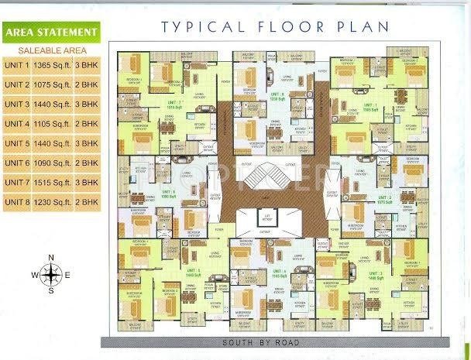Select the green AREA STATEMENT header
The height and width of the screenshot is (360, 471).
(51, 33)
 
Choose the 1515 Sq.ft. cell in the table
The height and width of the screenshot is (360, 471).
(52, 182)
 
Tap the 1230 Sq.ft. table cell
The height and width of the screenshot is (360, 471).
(52, 202)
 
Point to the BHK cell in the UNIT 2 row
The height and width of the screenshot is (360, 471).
(87, 84)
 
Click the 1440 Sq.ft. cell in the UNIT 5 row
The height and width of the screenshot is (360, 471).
(52, 143)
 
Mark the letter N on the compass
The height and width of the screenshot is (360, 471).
(51, 258)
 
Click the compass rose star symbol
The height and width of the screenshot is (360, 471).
(51, 274)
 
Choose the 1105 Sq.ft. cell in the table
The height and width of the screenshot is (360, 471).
(52, 124)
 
